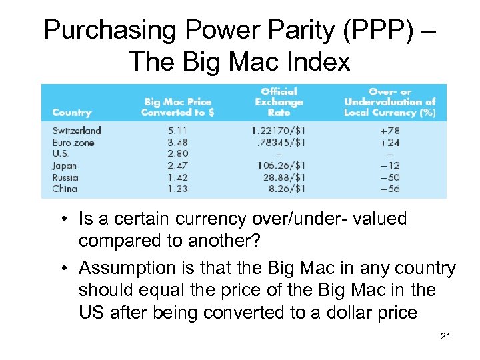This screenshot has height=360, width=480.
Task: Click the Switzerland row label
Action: (x=77, y=131)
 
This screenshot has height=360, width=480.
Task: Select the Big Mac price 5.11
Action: (x=177, y=131)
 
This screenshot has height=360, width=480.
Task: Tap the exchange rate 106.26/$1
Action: (x=279, y=166)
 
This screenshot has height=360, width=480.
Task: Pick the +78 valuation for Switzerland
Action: (x=389, y=131)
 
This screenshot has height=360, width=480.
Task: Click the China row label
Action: (x=65, y=189)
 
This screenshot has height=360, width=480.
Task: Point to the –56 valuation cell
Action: (x=389, y=189)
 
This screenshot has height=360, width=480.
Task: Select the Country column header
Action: (x=71, y=113)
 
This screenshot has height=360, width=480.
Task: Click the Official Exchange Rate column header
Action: (x=279, y=102)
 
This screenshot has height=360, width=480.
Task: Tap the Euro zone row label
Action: (x=73, y=143)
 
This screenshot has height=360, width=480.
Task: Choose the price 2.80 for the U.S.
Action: (x=177, y=154)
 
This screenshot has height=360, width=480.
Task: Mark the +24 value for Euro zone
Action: (x=389, y=143)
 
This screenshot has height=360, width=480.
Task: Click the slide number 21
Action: (x=446, y=337)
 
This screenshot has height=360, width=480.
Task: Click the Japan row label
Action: (x=65, y=166)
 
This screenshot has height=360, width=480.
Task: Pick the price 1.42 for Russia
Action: (x=177, y=177)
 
